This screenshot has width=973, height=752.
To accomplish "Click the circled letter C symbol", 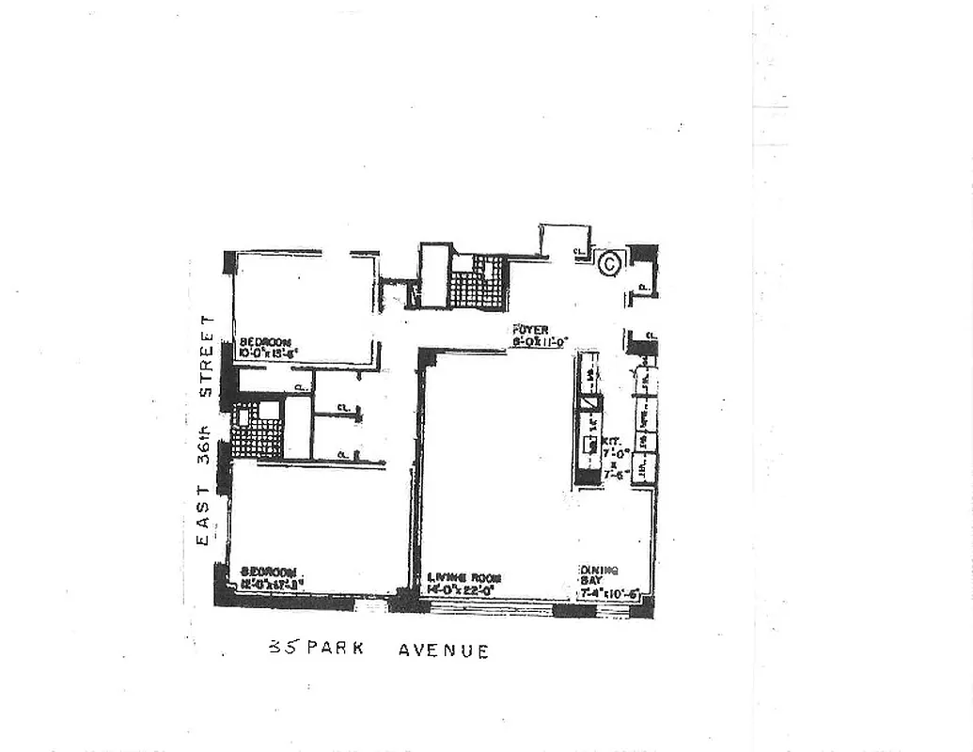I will tap(609, 263).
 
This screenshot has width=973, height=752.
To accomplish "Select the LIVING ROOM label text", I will tap(463, 577).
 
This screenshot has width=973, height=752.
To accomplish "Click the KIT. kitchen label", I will tap(611, 439).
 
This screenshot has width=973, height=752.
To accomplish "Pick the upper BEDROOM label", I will tap(264, 342).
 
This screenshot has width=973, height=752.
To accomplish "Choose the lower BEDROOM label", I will tap(268, 572).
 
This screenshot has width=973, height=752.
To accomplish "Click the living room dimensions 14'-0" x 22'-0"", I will tap(463, 589).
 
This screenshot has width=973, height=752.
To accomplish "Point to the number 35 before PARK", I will tap(279, 648).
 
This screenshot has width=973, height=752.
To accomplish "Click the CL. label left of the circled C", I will tap(577, 251).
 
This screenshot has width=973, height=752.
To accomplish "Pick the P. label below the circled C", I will tap(642, 286).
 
